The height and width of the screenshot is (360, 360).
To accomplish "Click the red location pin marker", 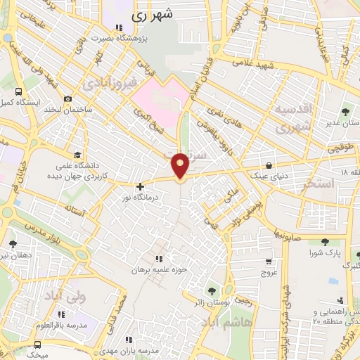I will pos(180,165).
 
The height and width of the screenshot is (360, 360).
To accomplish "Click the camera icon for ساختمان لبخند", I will pos(67,100).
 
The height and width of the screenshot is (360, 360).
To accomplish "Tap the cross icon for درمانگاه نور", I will pos(141,187).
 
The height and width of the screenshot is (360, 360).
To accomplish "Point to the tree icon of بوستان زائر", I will pos(211,290).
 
